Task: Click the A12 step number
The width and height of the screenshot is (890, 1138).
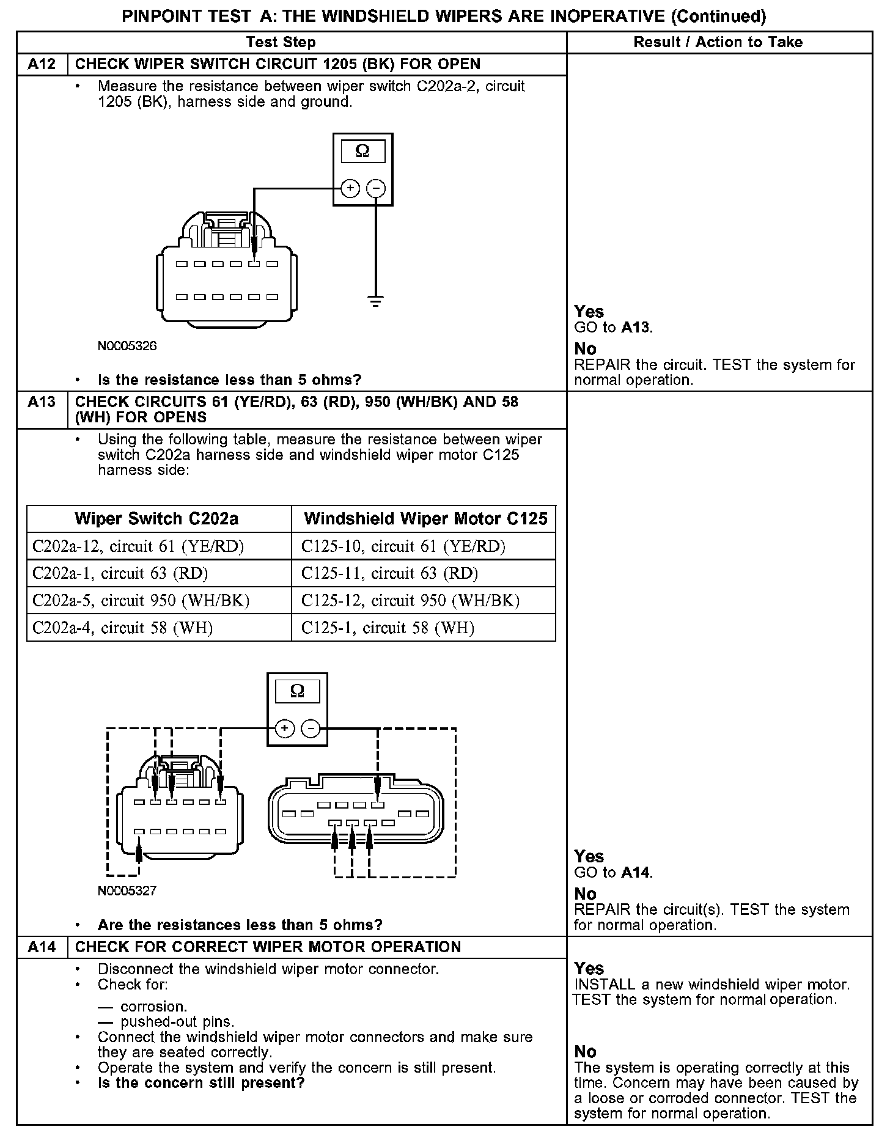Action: pos(42,64)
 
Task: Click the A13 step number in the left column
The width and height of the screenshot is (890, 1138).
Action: pos(42,402)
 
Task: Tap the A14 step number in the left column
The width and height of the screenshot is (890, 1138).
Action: pos(42,947)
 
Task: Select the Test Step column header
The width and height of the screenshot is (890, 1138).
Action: pos(281,42)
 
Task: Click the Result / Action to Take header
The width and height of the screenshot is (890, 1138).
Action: pos(718,42)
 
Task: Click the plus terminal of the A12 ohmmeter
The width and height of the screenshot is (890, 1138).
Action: pos(350,188)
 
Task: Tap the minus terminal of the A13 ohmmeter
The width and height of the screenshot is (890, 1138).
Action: pos(311,729)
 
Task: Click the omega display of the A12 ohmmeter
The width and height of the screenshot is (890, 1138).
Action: pos(362,151)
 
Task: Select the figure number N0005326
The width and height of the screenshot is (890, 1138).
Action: pos(127,346)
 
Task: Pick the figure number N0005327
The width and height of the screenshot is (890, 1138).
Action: pos(127,890)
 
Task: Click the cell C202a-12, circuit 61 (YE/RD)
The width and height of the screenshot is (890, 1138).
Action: pos(138,546)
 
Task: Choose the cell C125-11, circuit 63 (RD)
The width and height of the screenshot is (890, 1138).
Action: pos(389,573)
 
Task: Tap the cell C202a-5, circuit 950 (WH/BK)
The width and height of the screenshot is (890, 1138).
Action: pos(141,601)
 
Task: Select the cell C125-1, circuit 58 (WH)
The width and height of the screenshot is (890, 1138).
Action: pos(388,628)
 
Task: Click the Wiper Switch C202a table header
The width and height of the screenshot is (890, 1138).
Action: pos(156,519)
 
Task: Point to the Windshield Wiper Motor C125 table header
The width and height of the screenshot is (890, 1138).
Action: pos(425,519)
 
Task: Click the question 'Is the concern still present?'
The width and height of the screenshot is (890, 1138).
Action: pos(201,1082)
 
